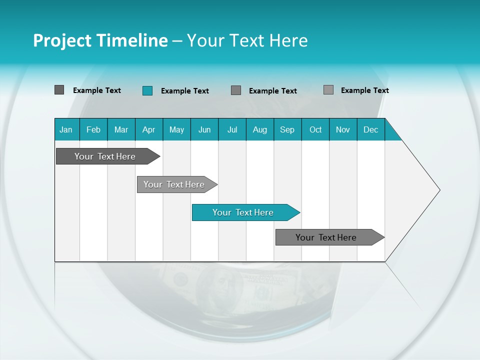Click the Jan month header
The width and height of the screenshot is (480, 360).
click(66, 129)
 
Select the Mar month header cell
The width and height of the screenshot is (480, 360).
click(121, 129)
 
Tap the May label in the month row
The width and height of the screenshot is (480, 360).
click(176, 129)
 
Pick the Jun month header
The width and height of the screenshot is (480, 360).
click(204, 129)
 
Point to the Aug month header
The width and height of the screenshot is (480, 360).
click(259, 129)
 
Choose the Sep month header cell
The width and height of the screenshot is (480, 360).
click(287, 129)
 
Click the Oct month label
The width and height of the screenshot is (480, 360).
click(315, 129)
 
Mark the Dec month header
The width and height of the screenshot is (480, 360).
click(370, 129)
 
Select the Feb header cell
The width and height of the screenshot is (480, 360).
click(93, 129)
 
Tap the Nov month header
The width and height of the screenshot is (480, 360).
click(343, 129)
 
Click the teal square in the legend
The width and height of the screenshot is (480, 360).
click(147, 90)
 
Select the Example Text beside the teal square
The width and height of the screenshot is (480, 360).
click(185, 91)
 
